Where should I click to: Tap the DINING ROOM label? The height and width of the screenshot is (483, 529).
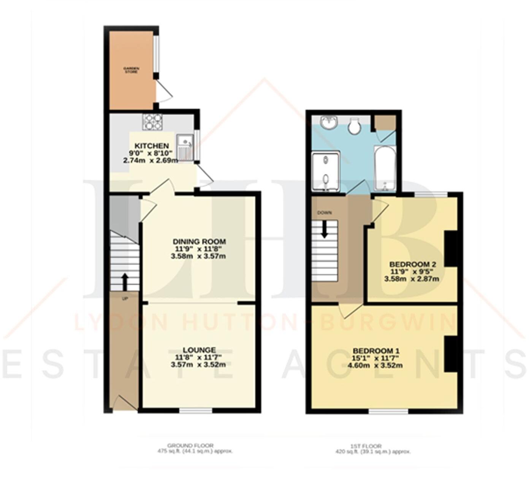199,242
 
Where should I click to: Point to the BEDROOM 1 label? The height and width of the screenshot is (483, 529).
376,351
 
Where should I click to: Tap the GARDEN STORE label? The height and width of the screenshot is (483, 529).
131,70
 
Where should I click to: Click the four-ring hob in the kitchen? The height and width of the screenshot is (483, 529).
153,122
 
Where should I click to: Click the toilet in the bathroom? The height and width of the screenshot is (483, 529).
355,126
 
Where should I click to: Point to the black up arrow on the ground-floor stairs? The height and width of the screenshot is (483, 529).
125,281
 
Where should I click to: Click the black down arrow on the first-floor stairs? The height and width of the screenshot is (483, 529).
324,230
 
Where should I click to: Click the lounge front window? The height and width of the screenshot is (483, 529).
196,411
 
